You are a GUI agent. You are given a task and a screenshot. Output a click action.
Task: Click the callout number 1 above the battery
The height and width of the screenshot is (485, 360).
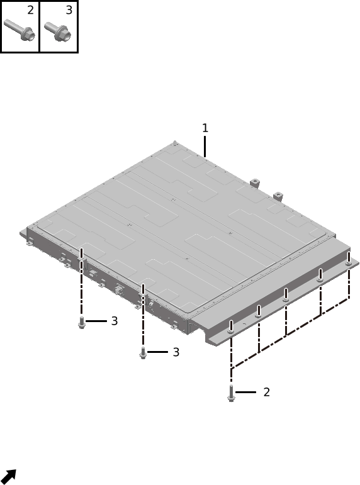(205, 128)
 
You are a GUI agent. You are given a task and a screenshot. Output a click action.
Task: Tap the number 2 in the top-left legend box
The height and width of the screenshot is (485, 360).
(30, 10)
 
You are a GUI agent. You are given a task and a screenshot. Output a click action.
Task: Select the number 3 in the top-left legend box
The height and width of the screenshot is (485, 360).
(69, 10)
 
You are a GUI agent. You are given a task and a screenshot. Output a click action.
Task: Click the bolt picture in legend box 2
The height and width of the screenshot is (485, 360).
(20, 30)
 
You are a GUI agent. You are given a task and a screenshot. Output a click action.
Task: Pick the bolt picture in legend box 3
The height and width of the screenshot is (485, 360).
(58, 31)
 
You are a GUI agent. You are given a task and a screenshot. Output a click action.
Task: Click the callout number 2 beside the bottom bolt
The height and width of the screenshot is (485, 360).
(266, 392)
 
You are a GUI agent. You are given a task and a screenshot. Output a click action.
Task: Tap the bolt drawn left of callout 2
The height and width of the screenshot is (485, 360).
(231, 393)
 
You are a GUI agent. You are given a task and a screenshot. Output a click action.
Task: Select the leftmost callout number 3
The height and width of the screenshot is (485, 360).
(115, 321)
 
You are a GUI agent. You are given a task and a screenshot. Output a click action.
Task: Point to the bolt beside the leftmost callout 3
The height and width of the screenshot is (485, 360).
(82, 323)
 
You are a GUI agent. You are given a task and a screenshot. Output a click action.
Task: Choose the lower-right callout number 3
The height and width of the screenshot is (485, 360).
(176, 352)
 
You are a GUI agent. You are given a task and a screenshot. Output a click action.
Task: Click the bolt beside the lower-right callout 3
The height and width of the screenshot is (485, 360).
(143, 353)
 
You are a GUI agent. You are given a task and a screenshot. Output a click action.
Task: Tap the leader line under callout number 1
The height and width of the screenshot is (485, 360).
(205, 147)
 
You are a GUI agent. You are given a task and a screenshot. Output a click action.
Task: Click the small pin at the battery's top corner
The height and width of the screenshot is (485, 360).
(175, 143)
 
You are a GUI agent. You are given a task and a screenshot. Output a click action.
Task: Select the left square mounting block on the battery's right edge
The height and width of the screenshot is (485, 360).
(254, 182)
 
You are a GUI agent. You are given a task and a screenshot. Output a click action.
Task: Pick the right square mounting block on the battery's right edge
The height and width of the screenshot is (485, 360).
(278, 196)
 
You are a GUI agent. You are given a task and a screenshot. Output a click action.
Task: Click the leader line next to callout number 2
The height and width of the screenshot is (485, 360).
(246, 392)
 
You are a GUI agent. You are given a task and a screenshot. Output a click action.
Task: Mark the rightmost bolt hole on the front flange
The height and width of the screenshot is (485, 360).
(349, 264)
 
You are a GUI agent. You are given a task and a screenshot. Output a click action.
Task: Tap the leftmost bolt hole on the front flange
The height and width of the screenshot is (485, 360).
(231, 332)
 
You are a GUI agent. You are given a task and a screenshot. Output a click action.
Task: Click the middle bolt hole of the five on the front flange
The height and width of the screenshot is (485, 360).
(286, 299)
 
